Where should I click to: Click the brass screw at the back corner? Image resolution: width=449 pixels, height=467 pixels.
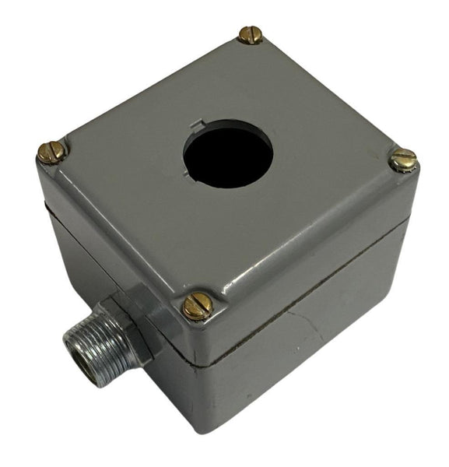tap(251, 34)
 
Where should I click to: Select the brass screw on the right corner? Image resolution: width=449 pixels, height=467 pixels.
tap(403, 160)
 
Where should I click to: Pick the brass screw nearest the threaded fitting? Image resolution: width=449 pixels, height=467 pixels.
tap(198, 306)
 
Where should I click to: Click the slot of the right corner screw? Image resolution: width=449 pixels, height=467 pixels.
tap(403, 160)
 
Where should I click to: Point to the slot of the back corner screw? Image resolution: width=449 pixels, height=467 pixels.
tap(251, 34)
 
